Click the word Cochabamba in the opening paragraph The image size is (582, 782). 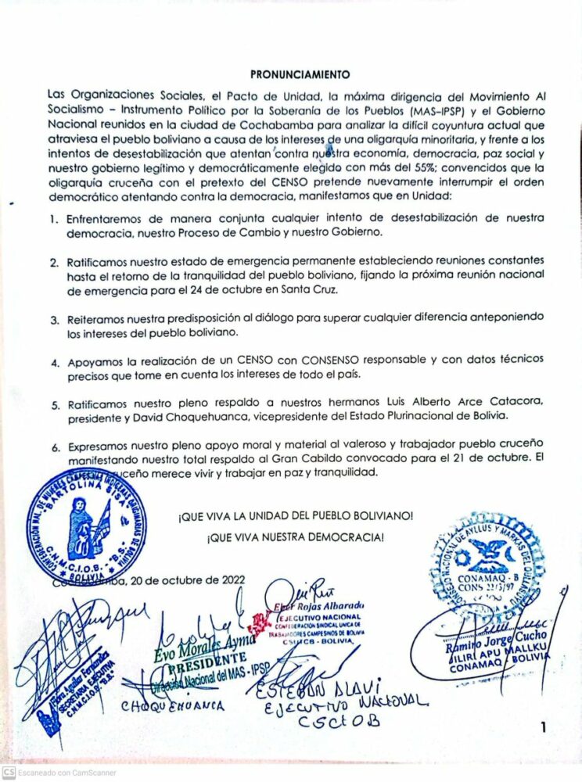[251, 124]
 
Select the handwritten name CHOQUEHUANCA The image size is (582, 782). [172, 705]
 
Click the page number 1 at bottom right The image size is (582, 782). [542, 728]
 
